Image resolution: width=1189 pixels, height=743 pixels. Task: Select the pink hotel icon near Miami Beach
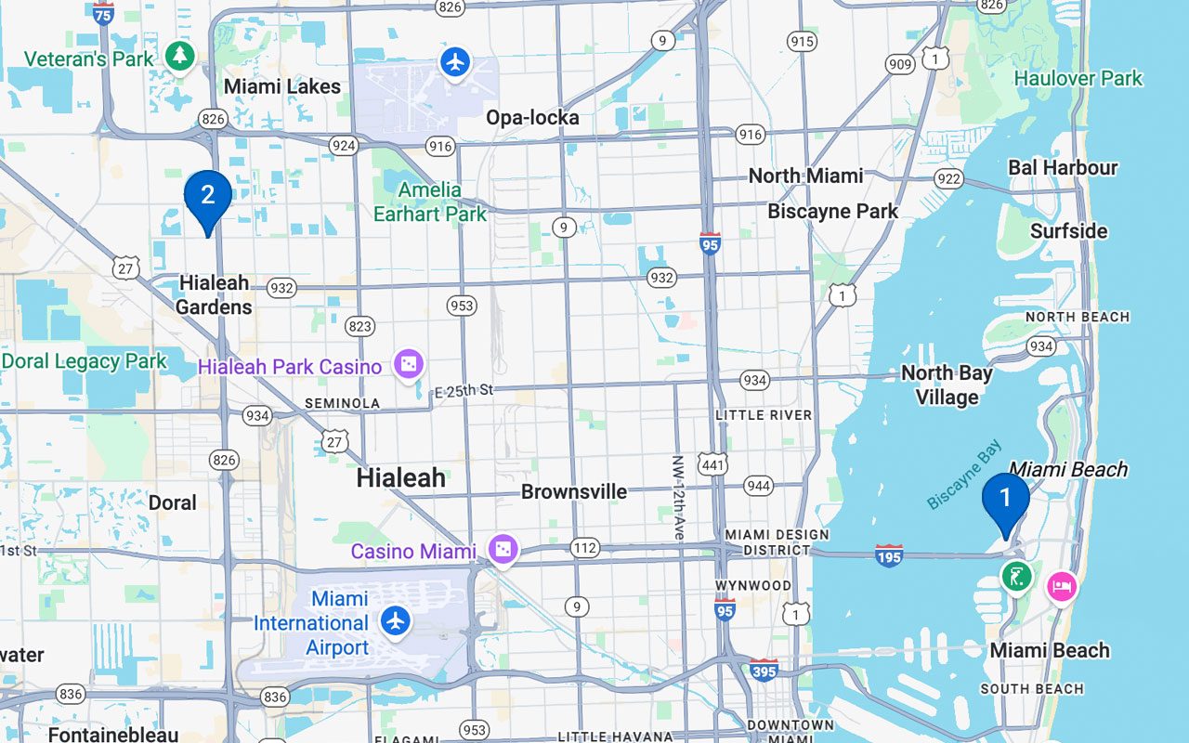pyautogui.click(x=1061, y=586)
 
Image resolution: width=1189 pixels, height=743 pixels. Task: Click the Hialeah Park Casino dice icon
pyautogui.click(x=408, y=365)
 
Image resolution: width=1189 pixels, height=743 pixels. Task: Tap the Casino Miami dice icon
pyautogui.click(x=502, y=551)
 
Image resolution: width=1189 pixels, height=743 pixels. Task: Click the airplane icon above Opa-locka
pyautogui.click(x=454, y=63)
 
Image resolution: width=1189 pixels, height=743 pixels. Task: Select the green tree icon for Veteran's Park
pyautogui.click(x=179, y=57)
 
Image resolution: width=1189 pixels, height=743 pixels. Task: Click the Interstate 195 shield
pyautogui.click(x=888, y=555)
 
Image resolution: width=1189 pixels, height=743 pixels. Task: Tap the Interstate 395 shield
pyautogui.click(x=764, y=670)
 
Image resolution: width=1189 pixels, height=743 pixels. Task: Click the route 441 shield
pyautogui.click(x=712, y=464)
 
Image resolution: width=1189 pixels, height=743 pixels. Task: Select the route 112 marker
pyautogui.click(x=584, y=548)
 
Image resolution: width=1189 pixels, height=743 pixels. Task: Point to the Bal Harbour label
pyautogui.click(x=1063, y=168)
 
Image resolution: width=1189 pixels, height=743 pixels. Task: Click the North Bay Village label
pyautogui.click(x=946, y=385)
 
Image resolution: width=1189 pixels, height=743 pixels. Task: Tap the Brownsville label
pyautogui.click(x=573, y=491)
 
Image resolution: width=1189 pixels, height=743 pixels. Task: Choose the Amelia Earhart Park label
pyautogui.click(x=429, y=202)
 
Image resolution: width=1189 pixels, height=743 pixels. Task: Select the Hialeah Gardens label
pyautogui.click(x=214, y=294)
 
